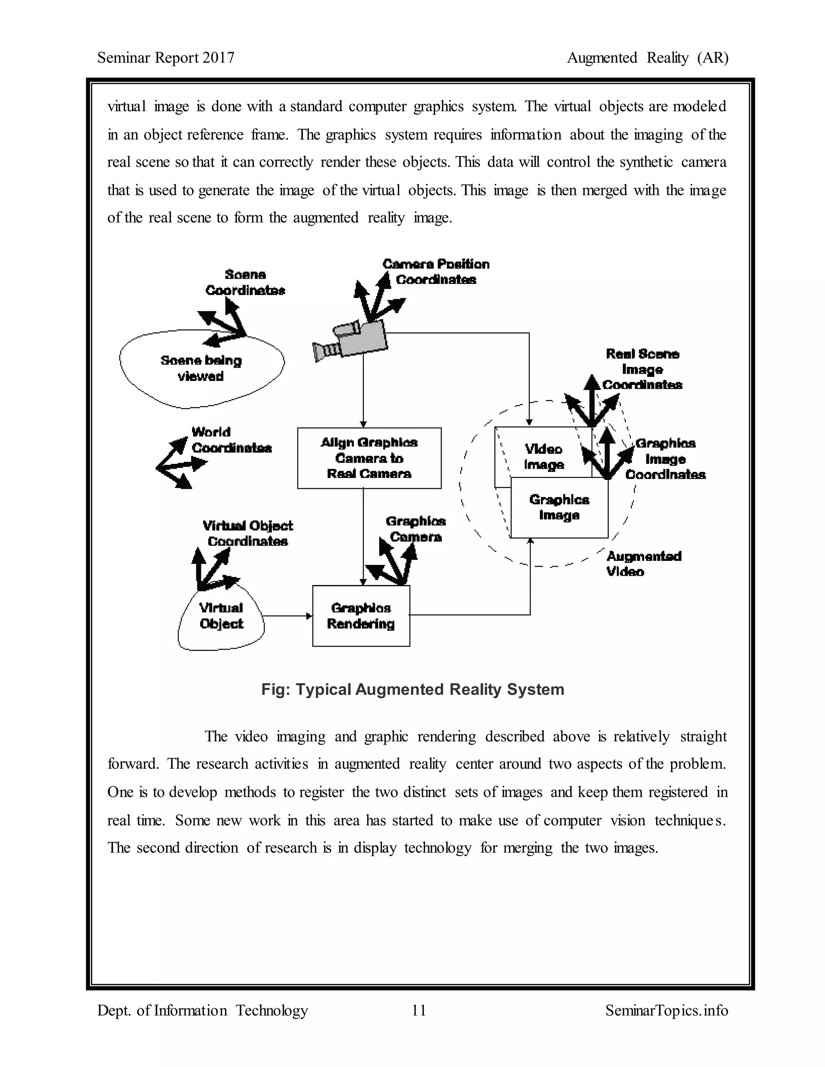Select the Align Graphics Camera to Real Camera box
coord(369,458)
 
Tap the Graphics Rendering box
coord(361,616)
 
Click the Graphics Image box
coord(559,508)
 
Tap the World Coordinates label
coord(231,440)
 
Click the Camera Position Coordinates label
coord(435,272)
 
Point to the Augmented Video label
coord(643,564)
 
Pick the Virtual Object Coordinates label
coord(248,533)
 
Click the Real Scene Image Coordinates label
coord(642,369)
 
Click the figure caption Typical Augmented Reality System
coord(412,689)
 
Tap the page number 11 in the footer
coord(419,1010)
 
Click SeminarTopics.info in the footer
coord(667,1010)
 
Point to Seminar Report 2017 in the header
coord(166,58)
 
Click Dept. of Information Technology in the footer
coord(202,1010)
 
